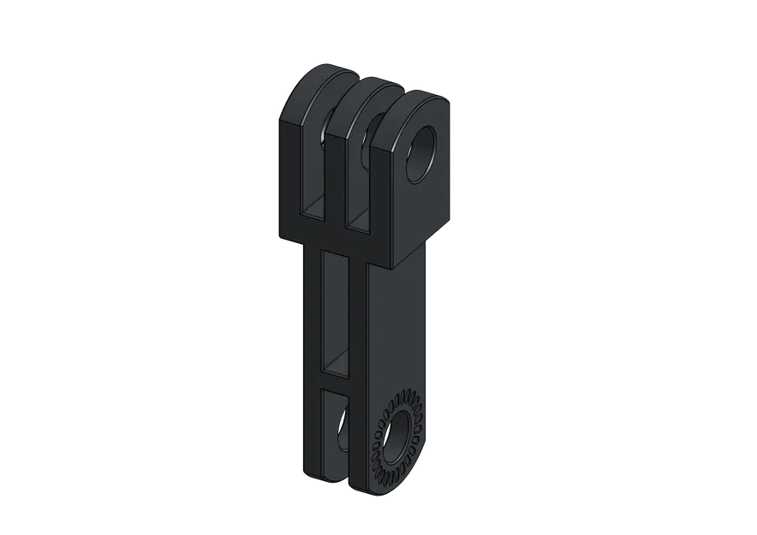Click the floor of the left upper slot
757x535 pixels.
point(314,205)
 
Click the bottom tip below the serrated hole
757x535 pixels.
point(377,488)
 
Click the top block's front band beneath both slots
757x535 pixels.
point(334,235)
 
